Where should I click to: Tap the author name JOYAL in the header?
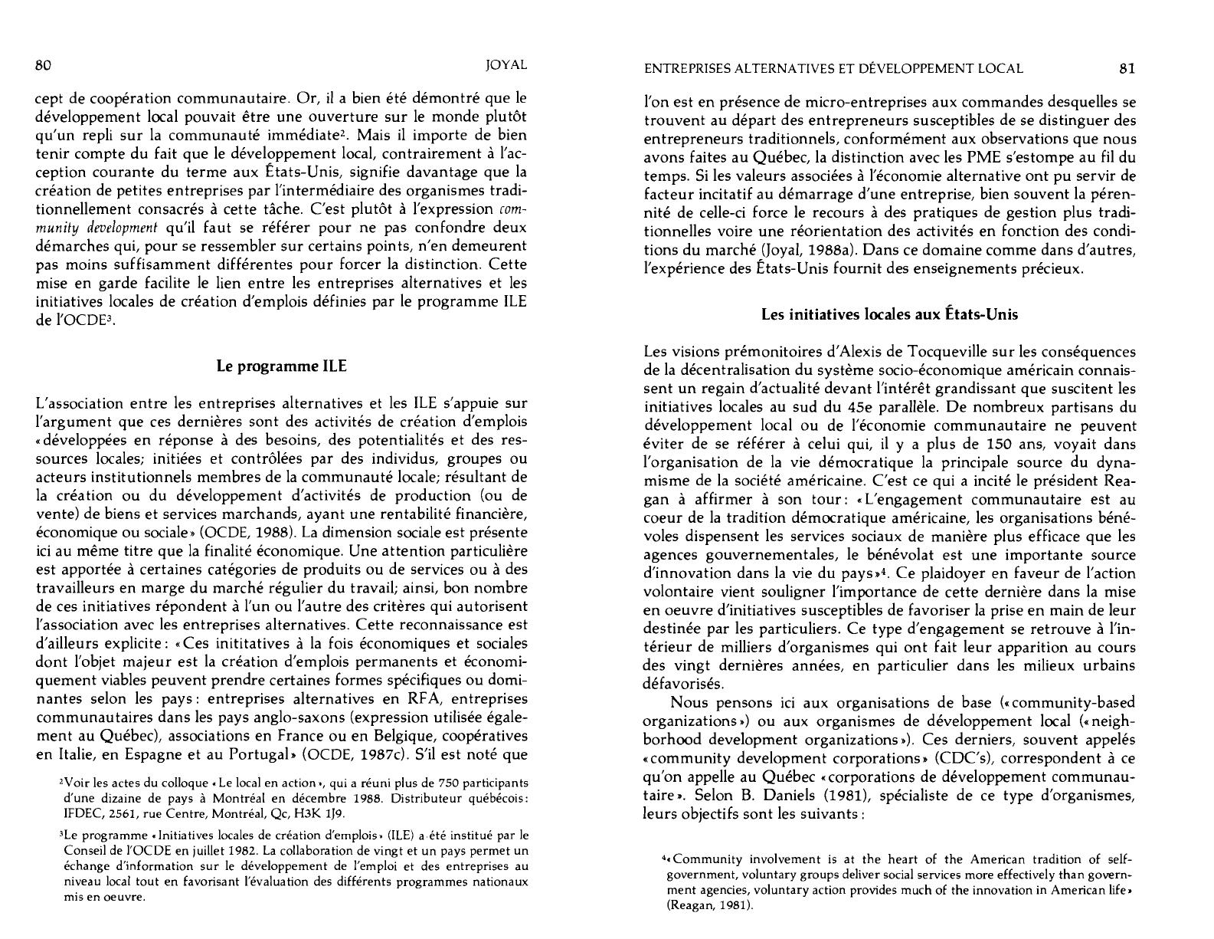pos(506,65)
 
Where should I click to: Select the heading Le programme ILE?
pos(282,366)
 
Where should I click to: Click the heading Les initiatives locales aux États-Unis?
pos(888,314)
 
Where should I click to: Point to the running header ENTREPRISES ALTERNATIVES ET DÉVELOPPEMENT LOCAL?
pos(833,68)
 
